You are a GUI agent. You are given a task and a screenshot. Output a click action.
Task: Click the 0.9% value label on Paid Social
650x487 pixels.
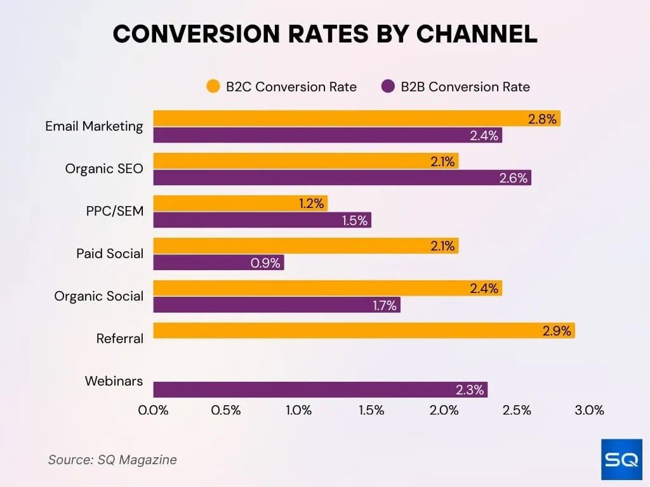[265, 263]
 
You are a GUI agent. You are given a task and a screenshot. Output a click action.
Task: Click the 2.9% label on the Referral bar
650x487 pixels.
[557, 330]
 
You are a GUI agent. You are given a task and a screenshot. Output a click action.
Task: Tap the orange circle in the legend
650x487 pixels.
[213, 87]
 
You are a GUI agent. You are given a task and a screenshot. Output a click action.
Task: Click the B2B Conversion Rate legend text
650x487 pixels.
[465, 87]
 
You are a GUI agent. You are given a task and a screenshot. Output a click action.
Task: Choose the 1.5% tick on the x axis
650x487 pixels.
[371, 410]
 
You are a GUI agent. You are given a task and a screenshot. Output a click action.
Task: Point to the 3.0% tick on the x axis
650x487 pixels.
[589, 410]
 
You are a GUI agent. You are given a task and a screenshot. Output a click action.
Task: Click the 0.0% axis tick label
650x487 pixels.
[154, 410]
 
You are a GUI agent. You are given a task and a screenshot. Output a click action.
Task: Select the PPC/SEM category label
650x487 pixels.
[114, 211]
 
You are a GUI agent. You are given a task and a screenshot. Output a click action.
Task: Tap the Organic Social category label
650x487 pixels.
[98, 296]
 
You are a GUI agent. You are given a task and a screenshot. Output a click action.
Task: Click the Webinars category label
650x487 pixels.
[114, 381]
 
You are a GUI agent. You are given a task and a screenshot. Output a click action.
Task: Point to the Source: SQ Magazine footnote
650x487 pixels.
[112, 460]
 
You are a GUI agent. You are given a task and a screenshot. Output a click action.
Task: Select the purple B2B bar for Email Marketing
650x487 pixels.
[327, 135]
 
